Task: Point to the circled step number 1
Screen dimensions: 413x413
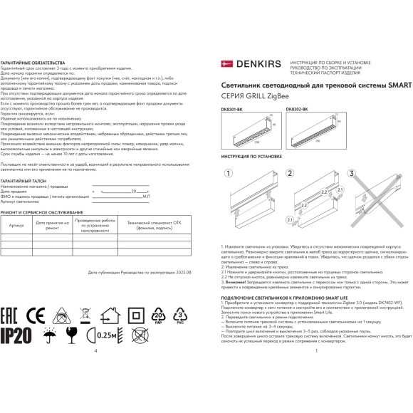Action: click(x=228, y=173)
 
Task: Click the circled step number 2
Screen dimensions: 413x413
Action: click(x=290, y=173)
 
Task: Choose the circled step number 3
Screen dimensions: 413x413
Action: click(x=350, y=173)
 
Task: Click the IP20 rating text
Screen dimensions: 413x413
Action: click(x=15, y=334)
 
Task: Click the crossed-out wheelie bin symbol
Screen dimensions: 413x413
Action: click(x=85, y=315)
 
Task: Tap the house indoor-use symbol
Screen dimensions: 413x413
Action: click(x=110, y=315)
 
